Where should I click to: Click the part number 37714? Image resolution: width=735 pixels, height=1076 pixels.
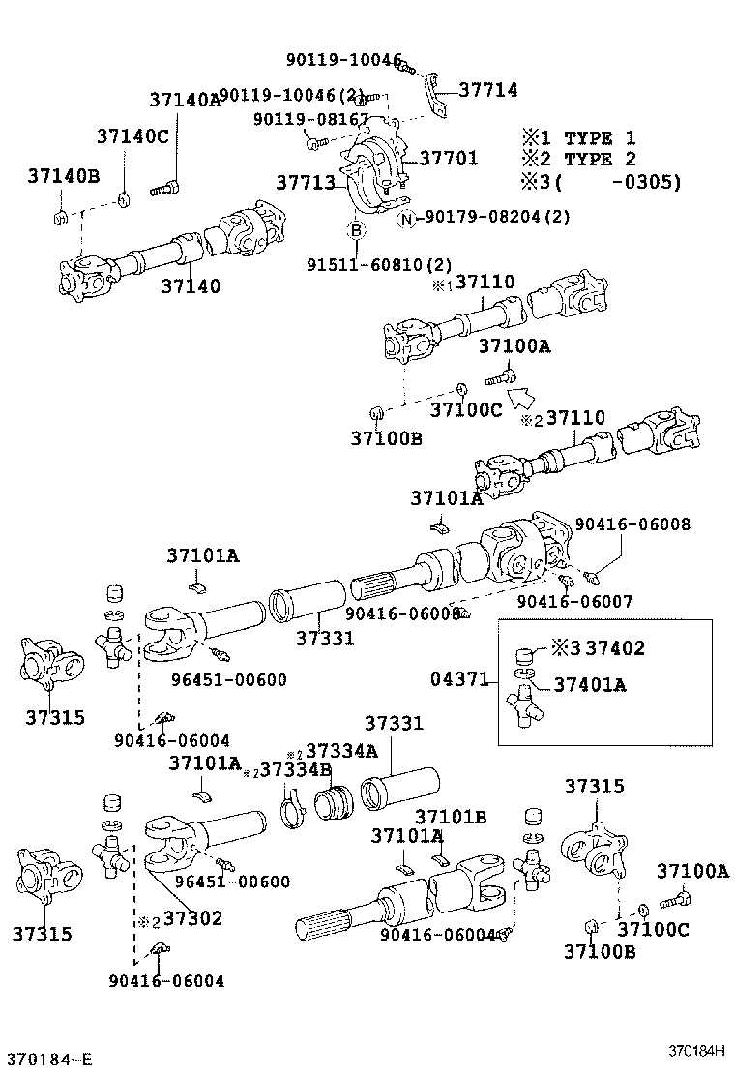tap(487, 90)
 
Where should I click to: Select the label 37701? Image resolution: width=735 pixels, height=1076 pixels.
tap(448, 158)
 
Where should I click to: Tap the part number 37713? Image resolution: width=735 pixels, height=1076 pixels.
tap(306, 183)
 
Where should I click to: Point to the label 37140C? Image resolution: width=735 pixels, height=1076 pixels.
tap(132, 136)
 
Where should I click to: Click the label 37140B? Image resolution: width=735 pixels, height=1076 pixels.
tap(64, 176)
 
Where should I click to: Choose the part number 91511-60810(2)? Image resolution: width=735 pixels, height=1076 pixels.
tap(380, 263)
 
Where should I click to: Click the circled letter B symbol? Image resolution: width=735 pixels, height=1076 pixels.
tap(356, 230)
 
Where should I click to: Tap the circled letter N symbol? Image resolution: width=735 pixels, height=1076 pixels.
tap(408, 219)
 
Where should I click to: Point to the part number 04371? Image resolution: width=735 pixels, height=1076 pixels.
tap(460, 679)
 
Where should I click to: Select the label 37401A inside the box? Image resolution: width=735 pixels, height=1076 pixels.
tap(590, 685)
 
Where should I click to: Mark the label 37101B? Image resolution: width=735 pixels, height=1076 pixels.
tap(451, 816)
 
